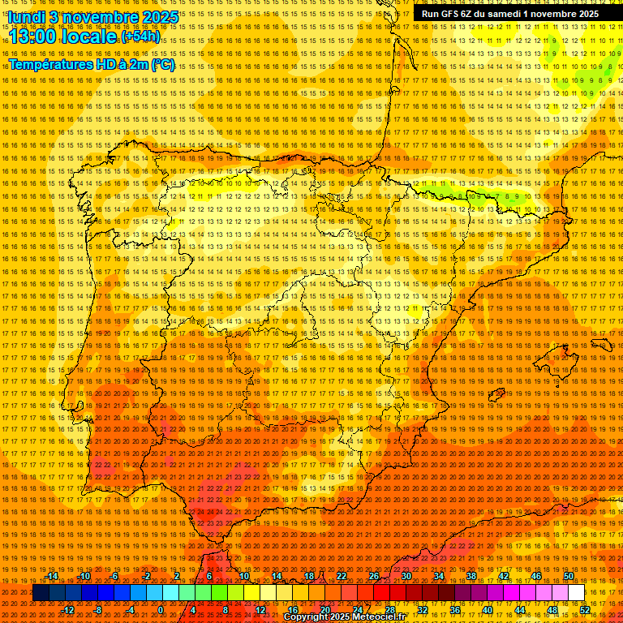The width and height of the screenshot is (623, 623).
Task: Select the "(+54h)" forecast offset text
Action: [140, 37]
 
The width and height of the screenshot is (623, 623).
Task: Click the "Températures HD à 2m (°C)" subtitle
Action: [92, 64]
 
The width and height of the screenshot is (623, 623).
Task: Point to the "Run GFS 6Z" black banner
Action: [509, 14]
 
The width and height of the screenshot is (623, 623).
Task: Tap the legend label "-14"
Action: [53, 576]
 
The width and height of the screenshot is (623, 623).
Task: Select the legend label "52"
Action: [585, 610]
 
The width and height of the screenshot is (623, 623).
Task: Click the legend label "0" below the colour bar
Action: [161, 610]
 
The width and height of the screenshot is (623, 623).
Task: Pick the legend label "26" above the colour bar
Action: [374, 576]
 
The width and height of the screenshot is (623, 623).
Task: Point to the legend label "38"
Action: [471, 576]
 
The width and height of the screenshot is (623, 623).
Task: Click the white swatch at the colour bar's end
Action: [576, 593]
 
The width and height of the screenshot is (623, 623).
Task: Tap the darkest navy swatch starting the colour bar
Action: [41, 593]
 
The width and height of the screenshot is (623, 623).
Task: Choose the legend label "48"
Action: [552, 610]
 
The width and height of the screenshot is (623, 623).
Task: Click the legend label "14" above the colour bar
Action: [277, 576]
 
